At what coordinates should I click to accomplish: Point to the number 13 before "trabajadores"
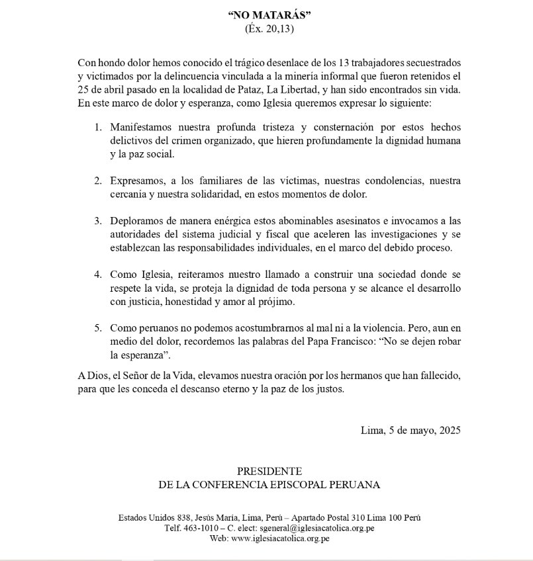[x=345, y=63]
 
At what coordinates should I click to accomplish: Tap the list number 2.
[x=97, y=181]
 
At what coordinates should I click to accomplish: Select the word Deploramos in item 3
[x=136, y=221]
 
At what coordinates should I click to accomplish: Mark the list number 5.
[x=97, y=327]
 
